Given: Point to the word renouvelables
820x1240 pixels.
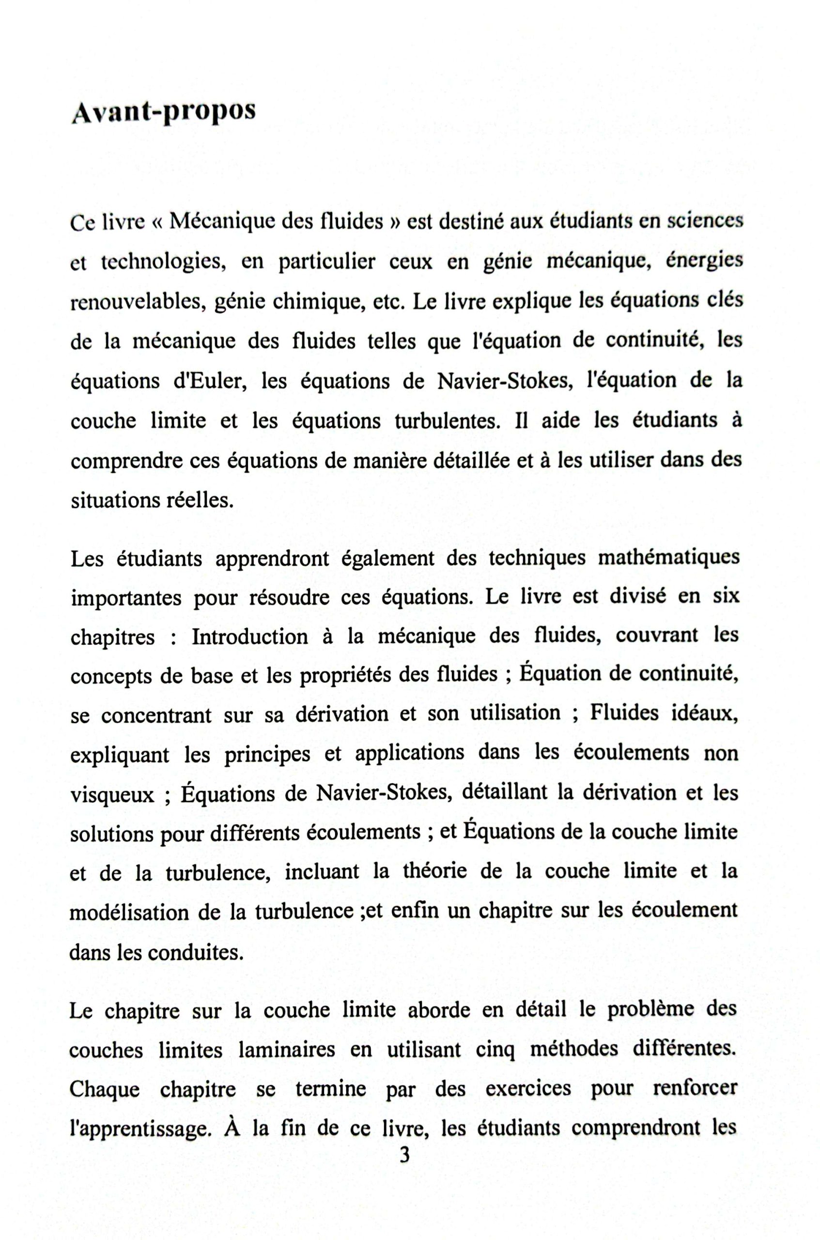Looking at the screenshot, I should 136,302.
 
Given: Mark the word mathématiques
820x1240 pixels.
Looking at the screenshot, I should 668,558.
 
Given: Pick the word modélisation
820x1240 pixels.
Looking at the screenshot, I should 128,913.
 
